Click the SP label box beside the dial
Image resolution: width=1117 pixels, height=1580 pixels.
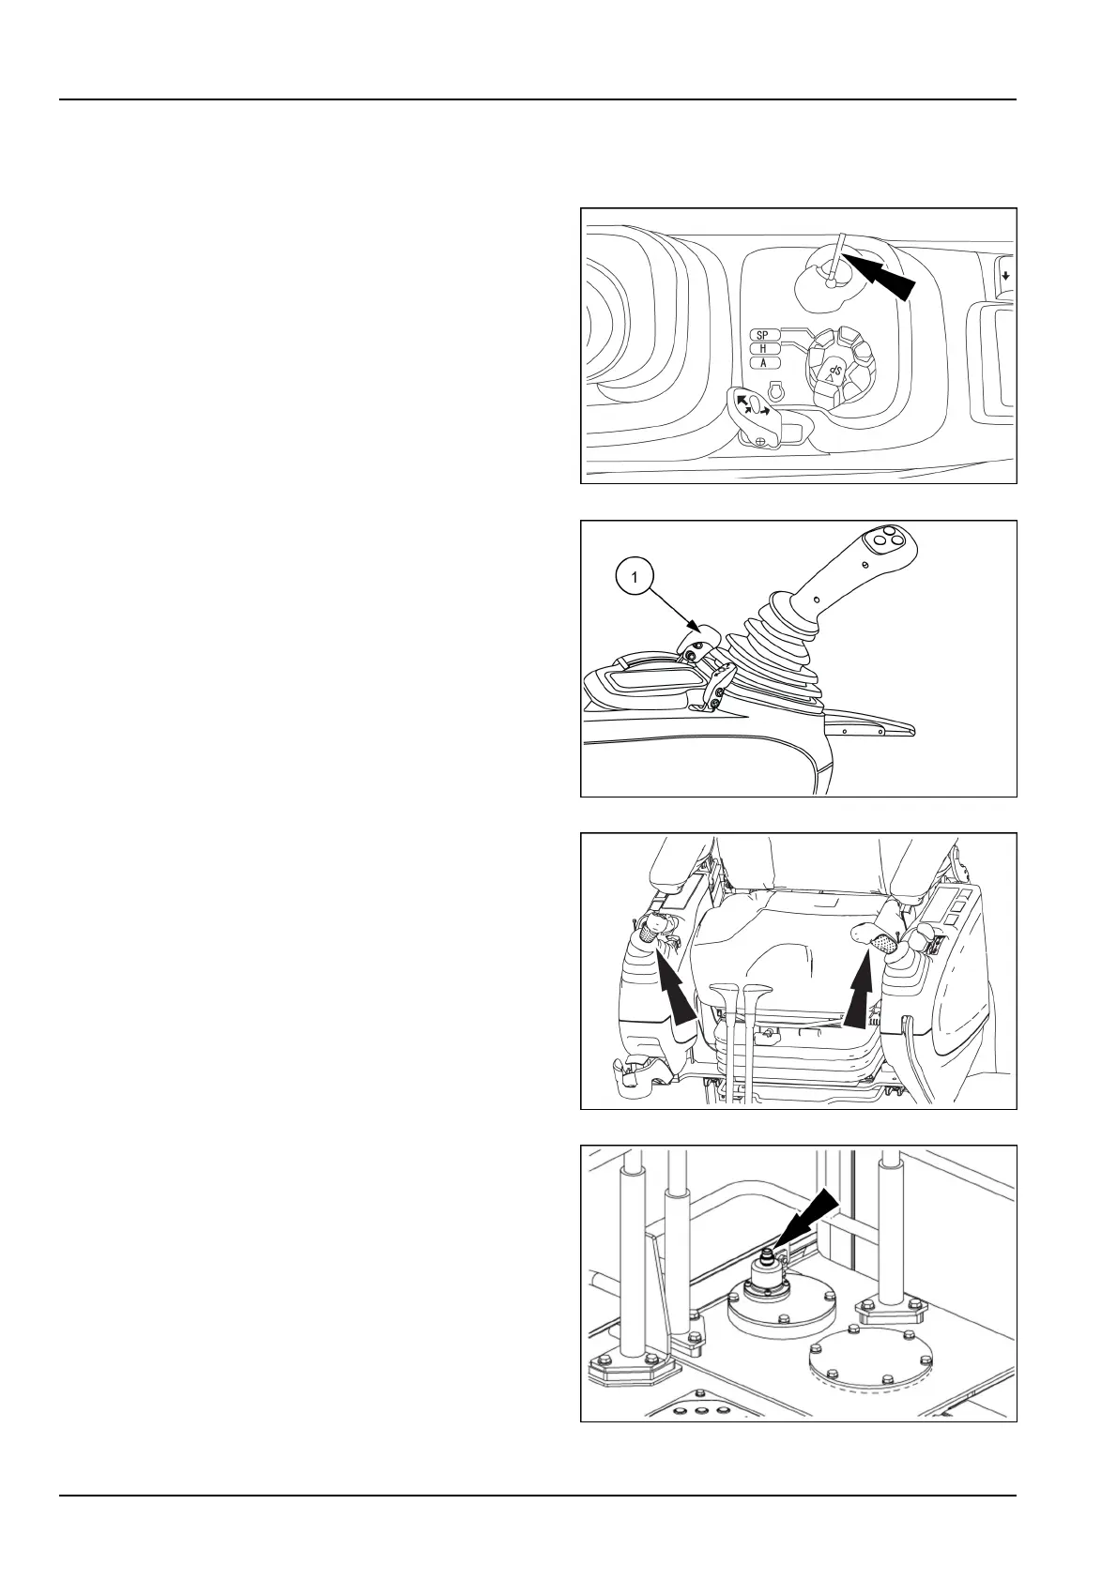(x=763, y=335)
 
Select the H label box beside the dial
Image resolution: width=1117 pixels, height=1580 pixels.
(x=763, y=349)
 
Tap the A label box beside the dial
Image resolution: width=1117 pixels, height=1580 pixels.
(x=763, y=362)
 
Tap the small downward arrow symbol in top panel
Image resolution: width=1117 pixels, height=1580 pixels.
(x=1005, y=276)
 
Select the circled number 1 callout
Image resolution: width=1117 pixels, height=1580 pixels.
(x=635, y=578)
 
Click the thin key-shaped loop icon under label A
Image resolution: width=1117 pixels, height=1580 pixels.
(x=775, y=389)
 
